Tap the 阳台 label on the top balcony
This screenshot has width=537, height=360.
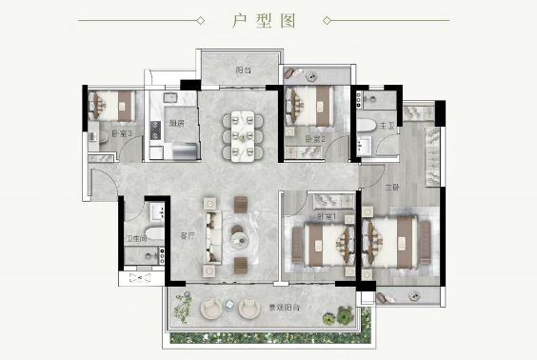[243, 70]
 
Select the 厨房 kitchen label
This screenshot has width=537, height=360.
[176, 123]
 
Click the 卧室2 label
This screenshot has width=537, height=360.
[315, 139]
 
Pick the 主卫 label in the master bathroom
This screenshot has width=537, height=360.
[388, 125]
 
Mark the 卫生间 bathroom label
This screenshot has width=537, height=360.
[136, 239]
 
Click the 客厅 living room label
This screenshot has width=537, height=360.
[187, 234]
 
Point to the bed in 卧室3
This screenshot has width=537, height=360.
[116, 105]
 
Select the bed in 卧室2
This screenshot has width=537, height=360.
[312, 106]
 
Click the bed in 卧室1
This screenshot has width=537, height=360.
[321, 243]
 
